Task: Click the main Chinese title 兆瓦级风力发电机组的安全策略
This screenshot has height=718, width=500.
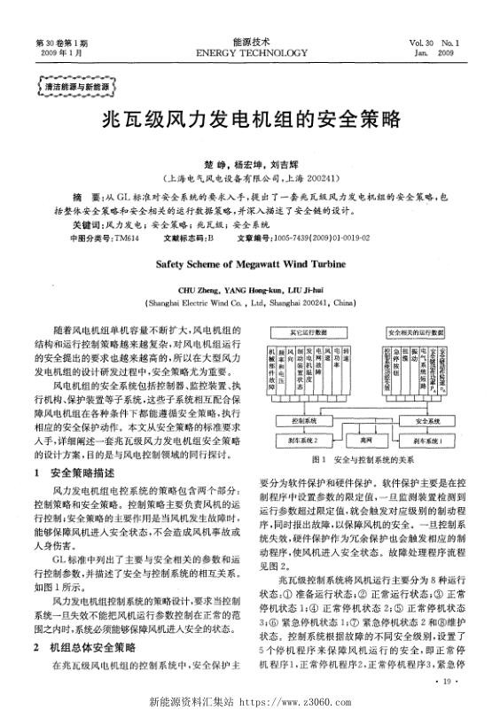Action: pyautogui.click(x=249, y=119)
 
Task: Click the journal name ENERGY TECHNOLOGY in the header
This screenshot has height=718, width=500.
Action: pyautogui.click(x=249, y=52)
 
